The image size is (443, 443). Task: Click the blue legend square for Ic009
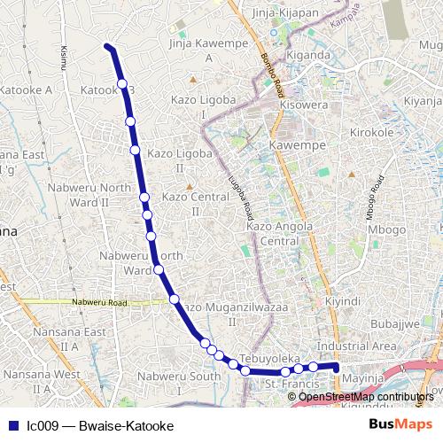(12, 425)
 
